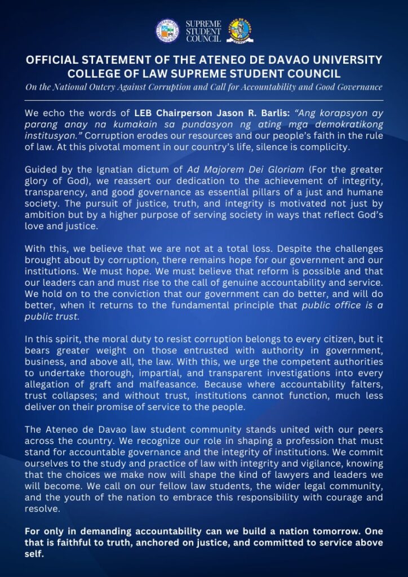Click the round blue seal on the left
pos(167,30)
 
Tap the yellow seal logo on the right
pos(240,30)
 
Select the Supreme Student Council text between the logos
pos(203,30)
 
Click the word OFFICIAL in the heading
pos(54,60)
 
